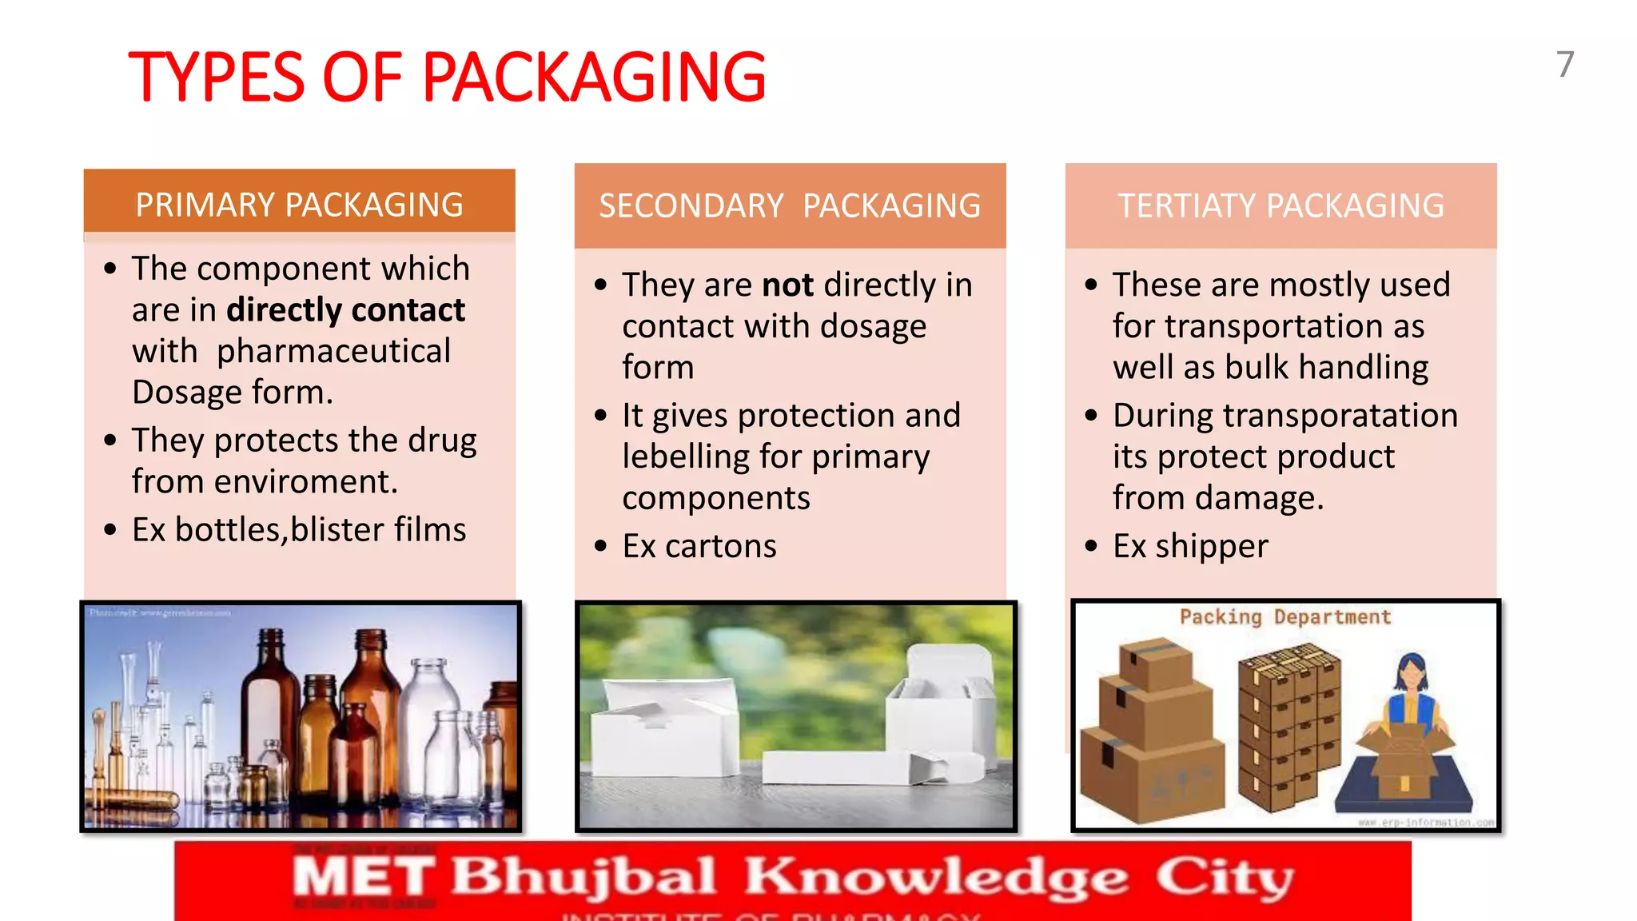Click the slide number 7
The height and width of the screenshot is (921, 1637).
tap(1565, 65)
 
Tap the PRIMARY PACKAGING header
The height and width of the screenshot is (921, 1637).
tap(299, 205)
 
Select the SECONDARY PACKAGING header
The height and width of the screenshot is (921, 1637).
tap(790, 206)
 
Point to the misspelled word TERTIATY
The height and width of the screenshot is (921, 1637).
tap(1186, 206)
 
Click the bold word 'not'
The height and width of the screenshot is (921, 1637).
tap(787, 285)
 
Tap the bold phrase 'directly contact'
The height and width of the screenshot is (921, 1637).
tap(345, 310)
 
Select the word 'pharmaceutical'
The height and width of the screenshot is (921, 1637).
tap(333, 352)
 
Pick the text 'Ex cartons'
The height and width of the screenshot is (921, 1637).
tap(699, 547)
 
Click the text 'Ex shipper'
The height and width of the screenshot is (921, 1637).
tap(1190, 547)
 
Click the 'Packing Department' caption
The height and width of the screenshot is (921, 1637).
tap(1285, 617)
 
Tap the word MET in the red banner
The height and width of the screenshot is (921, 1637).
tap(364, 877)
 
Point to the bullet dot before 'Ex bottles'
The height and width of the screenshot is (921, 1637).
tap(110, 530)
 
